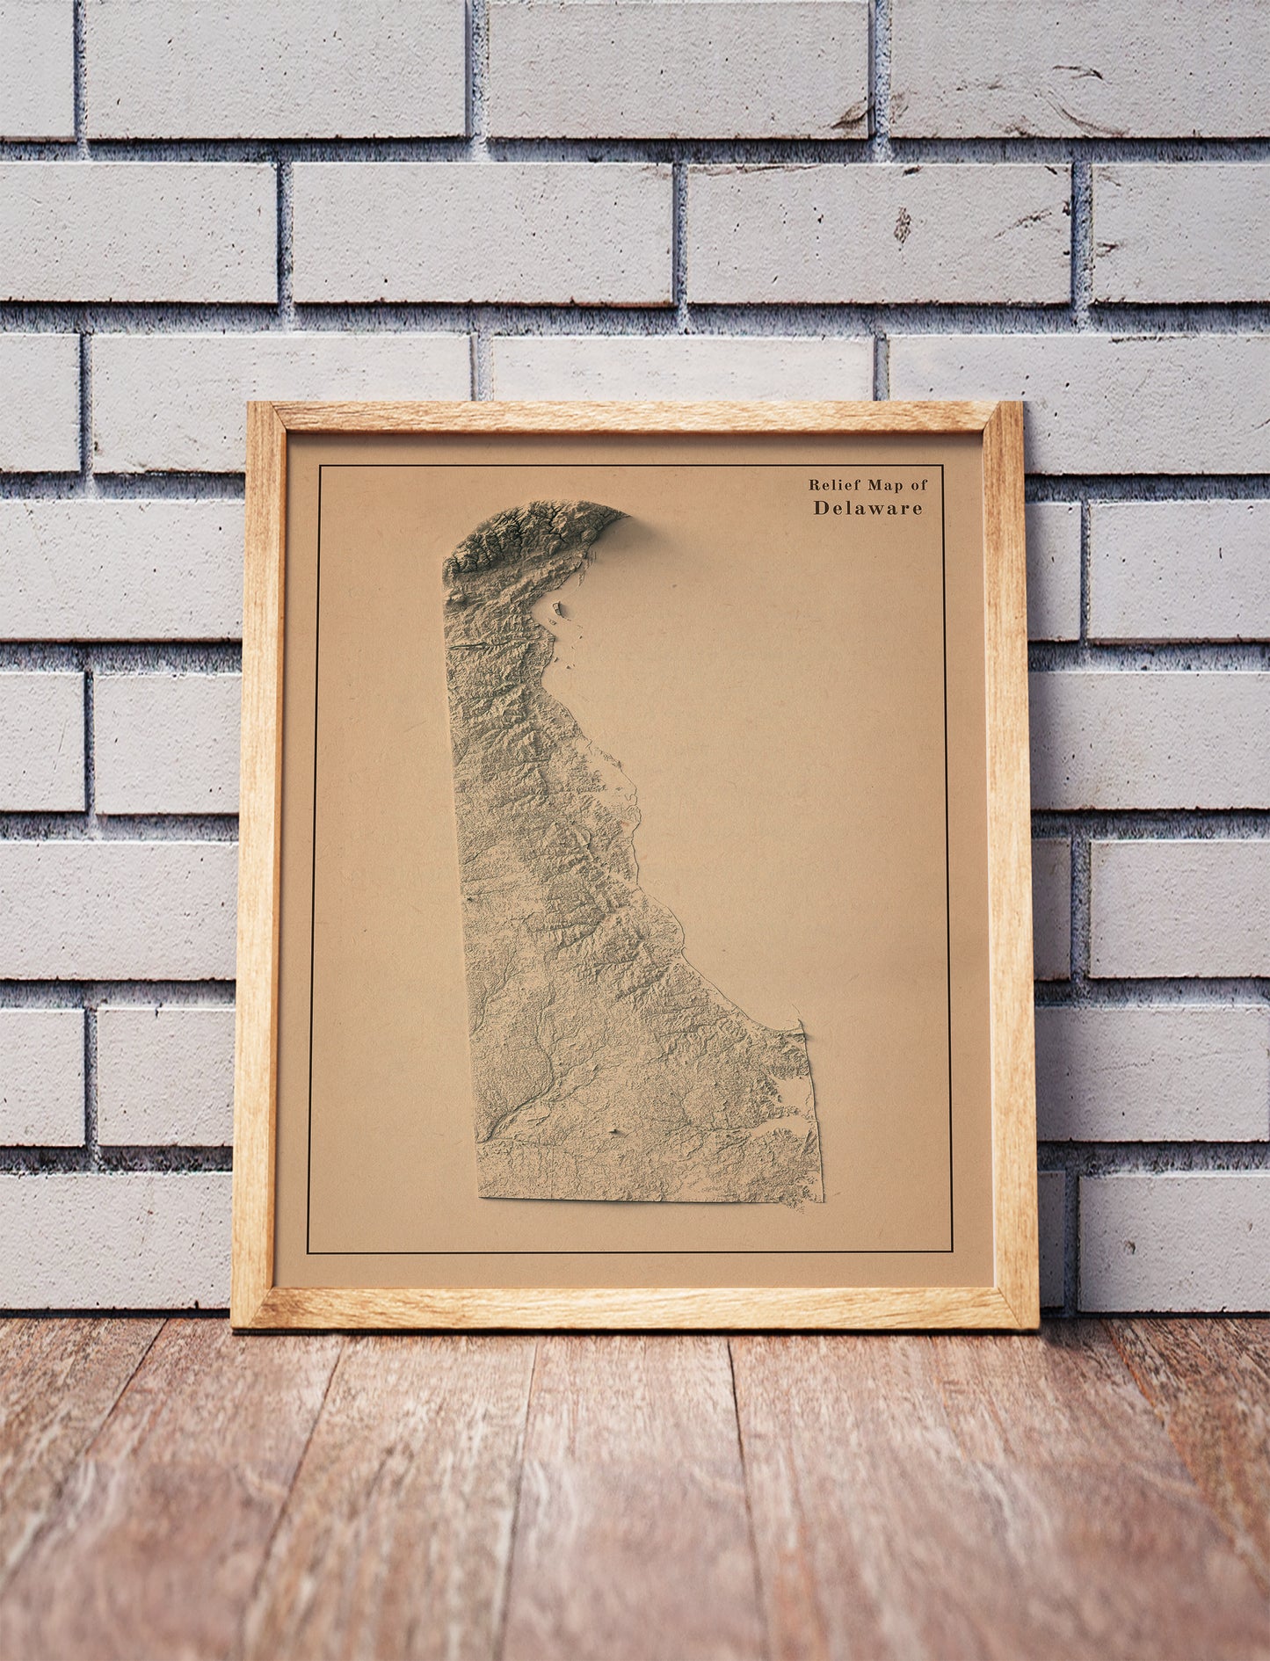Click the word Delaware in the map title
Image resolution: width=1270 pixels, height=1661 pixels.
pyautogui.click(x=867, y=508)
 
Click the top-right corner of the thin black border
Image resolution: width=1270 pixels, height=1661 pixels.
pyautogui.click(x=943, y=466)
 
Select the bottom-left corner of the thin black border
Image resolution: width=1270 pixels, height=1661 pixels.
pyautogui.click(x=308, y=1252)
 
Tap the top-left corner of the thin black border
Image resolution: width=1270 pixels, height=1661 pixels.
pyautogui.click(x=320, y=466)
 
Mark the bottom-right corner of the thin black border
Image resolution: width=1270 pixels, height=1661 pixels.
pyautogui.click(x=953, y=1252)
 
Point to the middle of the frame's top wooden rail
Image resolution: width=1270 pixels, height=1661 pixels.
pyautogui.click(x=635, y=417)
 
